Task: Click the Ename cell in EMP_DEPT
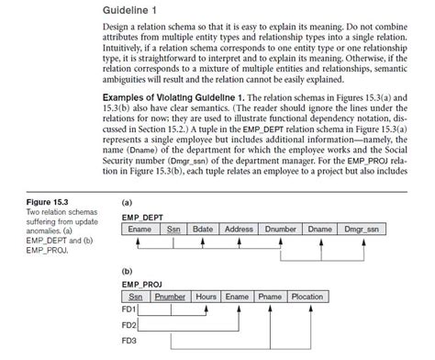point(139,230)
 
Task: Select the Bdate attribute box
point(203,230)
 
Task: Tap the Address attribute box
point(239,230)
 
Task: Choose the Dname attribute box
point(319,230)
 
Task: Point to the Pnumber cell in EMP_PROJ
point(171,297)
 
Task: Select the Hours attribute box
point(206,297)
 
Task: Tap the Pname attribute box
point(270,297)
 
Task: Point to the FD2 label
point(129,326)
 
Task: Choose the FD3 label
point(129,342)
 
